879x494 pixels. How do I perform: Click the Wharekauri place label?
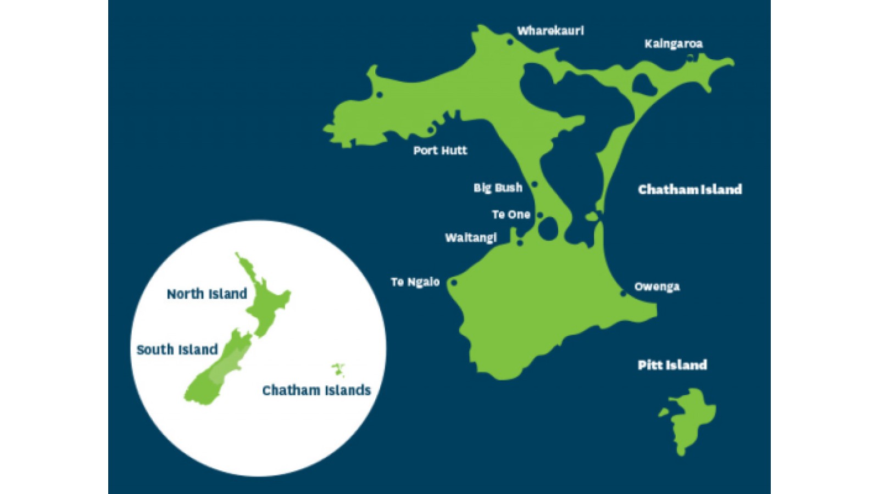(550, 31)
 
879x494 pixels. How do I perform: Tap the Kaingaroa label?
(673, 44)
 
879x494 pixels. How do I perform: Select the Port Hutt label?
(440, 150)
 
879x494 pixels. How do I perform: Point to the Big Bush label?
(498, 188)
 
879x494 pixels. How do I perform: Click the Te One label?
(511, 215)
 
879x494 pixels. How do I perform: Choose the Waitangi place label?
(471, 238)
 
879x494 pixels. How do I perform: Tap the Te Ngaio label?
(415, 282)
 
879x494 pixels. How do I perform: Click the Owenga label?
(657, 287)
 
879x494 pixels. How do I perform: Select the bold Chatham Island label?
(689, 190)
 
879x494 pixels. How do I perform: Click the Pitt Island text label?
(672, 365)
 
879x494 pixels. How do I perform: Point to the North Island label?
(207, 294)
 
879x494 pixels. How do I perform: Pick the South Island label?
(177, 350)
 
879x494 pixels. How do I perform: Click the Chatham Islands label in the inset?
(316, 390)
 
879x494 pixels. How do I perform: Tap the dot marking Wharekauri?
(510, 42)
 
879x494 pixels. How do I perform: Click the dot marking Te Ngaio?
(454, 283)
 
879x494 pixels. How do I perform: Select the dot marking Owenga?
(623, 294)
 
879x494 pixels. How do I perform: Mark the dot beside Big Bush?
(535, 184)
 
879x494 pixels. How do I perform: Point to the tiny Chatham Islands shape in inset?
(338, 368)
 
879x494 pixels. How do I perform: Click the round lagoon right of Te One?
(548, 228)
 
